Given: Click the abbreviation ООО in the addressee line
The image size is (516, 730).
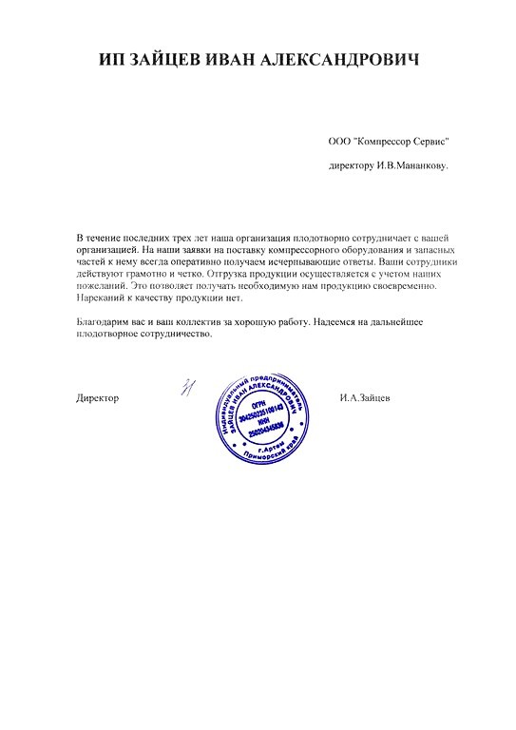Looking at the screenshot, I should [339, 141].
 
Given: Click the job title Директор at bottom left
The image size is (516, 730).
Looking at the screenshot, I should [98, 397].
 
